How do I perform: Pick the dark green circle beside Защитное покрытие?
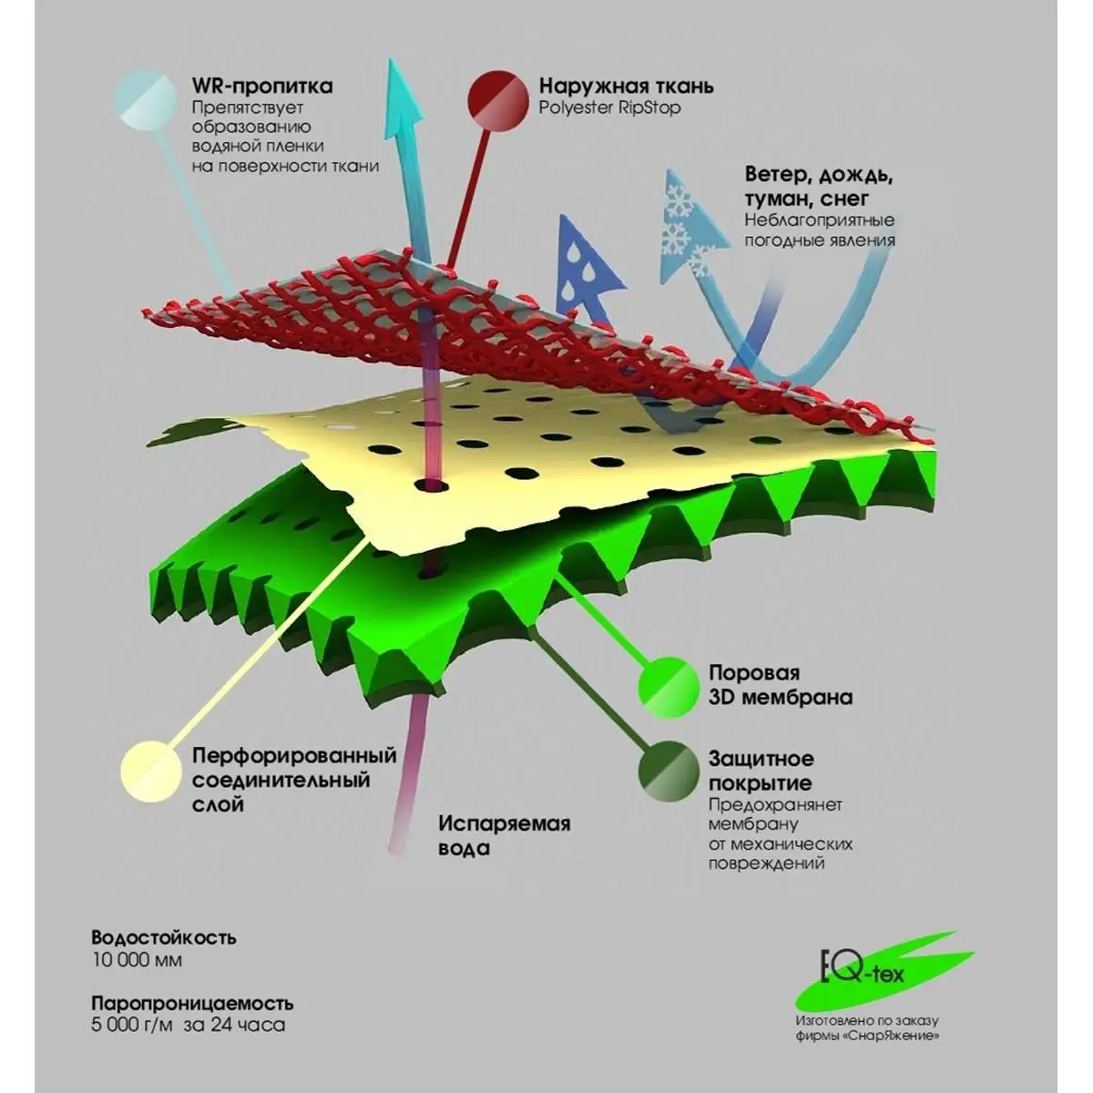pos(670,772)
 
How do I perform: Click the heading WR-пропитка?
pos(261,87)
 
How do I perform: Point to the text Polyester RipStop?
pos(609,107)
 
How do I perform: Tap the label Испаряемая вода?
pos(504,835)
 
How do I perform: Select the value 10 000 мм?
pos(137,959)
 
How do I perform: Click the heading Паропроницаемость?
pos(192,1004)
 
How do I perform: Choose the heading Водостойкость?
pos(163,937)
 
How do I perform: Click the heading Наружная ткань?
pos(626,87)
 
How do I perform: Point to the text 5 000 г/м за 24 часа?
pos(188,1025)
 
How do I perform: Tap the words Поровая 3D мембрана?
pos(781,685)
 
